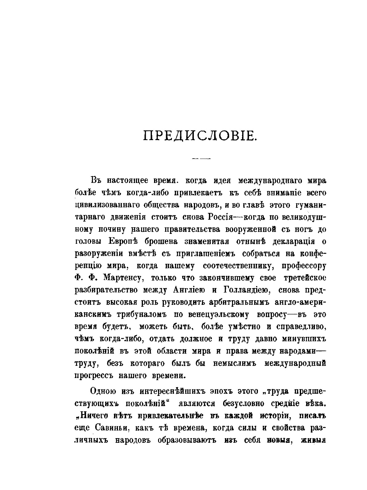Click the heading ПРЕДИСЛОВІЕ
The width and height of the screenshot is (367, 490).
click(200, 136)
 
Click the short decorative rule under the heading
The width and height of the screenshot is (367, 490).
click(200, 159)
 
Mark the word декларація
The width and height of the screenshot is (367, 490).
click(288, 241)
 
